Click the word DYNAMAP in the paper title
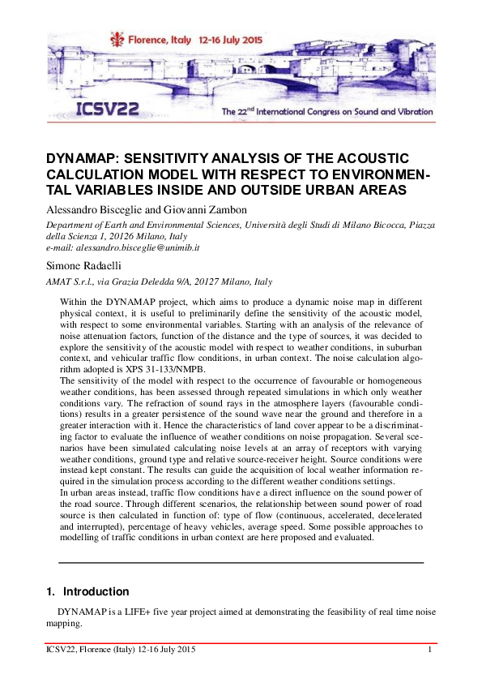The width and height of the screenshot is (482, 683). coord(81,158)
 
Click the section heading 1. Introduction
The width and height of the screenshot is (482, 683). coord(87,591)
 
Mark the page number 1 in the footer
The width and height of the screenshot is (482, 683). coord(429,650)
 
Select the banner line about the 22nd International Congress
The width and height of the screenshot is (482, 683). coord(327,112)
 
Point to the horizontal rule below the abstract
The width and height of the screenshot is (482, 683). coord(241,562)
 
